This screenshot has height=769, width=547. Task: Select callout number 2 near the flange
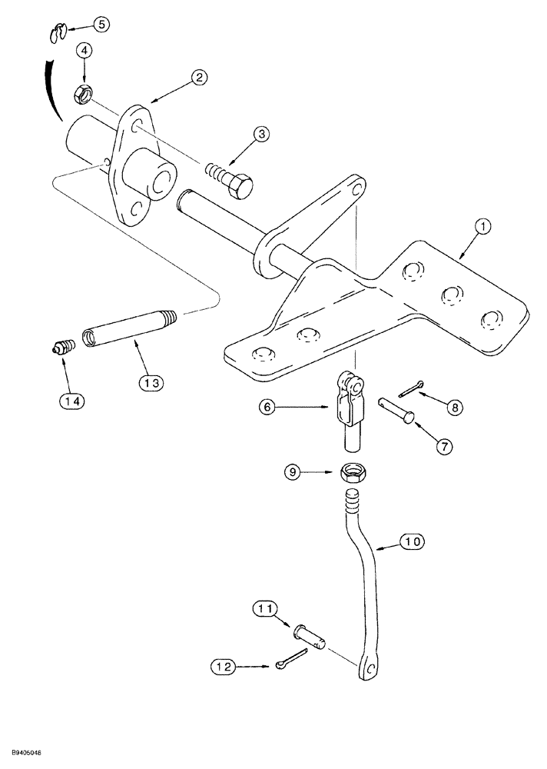click(x=198, y=77)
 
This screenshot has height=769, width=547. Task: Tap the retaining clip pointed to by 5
click(x=55, y=34)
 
